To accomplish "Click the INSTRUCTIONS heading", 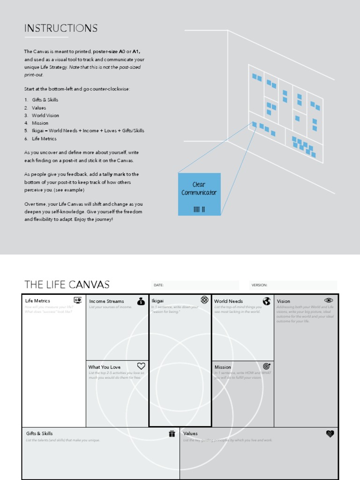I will [x=61, y=28].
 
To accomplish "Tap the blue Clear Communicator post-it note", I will [x=199, y=194].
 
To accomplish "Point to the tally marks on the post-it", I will [x=199, y=209].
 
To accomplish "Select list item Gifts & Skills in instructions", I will [x=45, y=100].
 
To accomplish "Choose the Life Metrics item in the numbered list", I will [x=44, y=139].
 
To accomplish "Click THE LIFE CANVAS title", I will [x=67, y=285].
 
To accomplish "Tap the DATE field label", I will [x=159, y=285].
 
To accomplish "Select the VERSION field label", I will [x=259, y=285].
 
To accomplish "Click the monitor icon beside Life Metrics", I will [x=78, y=300].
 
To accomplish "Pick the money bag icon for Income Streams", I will [x=141, y=301].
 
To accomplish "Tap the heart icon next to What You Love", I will [x=141, y=366].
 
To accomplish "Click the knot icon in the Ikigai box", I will [x=204, y=300].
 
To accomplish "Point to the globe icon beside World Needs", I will [x=267, y=301].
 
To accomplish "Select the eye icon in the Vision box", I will [x=329, y=300].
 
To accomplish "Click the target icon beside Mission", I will [x=267, y=366].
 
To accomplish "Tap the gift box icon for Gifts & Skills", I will [x=172, y=434].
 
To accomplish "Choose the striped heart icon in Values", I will [x=330, y=434].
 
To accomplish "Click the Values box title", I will [x=190, y=434].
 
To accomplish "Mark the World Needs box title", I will [x=228, y=301].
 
